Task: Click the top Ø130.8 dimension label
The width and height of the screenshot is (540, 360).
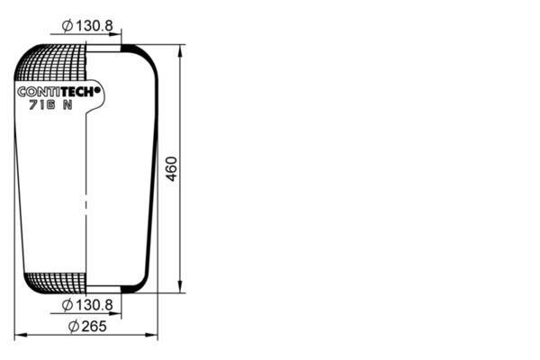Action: (87, 26)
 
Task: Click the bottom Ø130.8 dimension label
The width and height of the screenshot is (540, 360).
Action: (87, 305)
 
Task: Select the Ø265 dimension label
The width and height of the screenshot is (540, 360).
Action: (87, 326)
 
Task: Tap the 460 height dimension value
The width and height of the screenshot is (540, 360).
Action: (171, 169)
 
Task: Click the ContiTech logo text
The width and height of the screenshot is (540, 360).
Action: (58, 92)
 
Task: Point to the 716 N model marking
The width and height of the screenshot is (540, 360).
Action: (50, 104)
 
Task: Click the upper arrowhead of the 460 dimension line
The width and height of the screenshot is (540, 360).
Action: (180, 52)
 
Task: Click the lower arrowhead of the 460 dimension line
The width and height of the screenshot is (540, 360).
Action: (180, 286)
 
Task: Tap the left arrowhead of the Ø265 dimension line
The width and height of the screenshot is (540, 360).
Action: (22, 335)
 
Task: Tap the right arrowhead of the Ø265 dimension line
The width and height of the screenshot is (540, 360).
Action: (151, 335)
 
